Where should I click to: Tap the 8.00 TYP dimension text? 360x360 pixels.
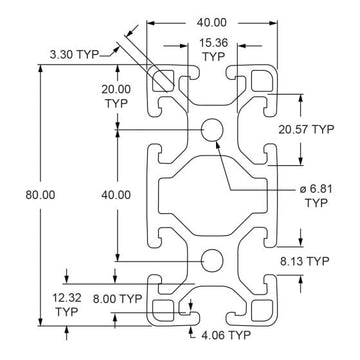(116, 297)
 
